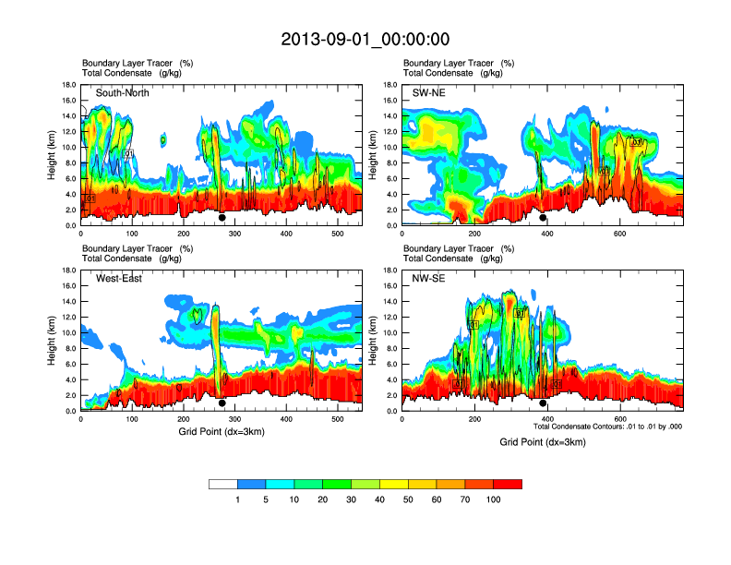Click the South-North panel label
coord(123,93)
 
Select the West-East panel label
coord(119,279)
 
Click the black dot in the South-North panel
coord(222,218)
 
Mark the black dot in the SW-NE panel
coord(543,218)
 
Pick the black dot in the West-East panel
coord(222,403)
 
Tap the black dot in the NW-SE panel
coord(543,403)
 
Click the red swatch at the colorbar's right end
coord(508,484)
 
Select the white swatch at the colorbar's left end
coord(223,484)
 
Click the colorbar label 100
coord(493,499)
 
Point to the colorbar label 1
coord(237,499)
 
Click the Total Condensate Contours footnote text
coord(607,427)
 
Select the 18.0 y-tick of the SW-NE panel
coord(390,85)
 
